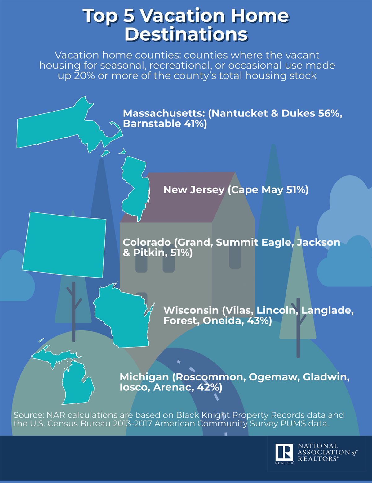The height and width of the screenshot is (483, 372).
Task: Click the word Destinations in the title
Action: tap(186, 34)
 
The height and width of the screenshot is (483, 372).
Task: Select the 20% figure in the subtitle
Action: tap(84, 75)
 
